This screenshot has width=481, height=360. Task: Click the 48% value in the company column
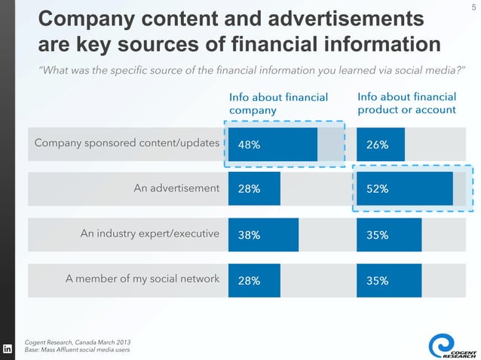250,145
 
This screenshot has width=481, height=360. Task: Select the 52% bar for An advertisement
404,189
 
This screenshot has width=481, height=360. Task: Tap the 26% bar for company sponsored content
381,145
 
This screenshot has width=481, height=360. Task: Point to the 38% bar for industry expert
263,234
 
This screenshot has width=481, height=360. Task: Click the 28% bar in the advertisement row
254,189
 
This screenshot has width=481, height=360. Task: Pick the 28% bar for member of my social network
254,280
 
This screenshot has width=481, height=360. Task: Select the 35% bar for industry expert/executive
389,234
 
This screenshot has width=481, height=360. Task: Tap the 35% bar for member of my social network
389,280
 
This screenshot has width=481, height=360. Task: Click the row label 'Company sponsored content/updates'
127,143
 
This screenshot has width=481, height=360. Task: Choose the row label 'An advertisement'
176,188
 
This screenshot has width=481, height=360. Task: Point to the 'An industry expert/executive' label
150,234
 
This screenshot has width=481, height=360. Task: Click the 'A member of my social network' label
142,279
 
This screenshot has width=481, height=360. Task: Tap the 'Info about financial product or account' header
406,103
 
